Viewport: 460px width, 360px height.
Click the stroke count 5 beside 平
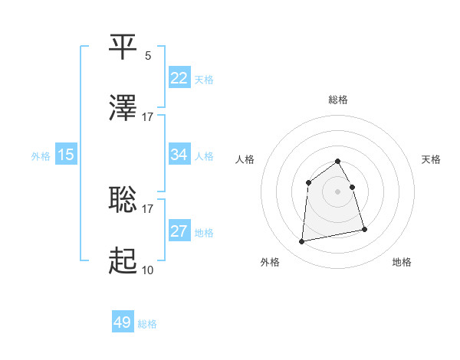click(x=148, y=55)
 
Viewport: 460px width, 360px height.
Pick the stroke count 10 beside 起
click(x=147, y=270)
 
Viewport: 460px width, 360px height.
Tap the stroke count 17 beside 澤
click(x=147, y=116)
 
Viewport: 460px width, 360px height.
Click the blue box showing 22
click(x=179, y=78)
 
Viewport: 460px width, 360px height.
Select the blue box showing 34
click(x=179, y=155)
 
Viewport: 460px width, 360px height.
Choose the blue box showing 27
click(x=179, y=231)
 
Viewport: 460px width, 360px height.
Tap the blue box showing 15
click(x=66, y=155)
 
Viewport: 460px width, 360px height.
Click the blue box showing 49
click(x=123, y=323)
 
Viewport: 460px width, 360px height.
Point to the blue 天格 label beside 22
click(x=204, y=79)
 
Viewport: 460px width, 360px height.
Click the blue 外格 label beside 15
click(x=41, y=155)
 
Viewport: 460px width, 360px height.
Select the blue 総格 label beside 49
click(x=147, y=324)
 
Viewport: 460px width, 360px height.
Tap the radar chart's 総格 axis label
click(x=338, y=100)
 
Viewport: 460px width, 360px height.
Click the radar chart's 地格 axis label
click(x=402, y=262)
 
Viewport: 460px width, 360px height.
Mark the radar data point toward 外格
click(x=302, y=242)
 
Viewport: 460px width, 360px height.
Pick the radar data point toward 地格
click(x=364, y=229)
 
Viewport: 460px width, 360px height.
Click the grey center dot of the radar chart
click(x=338, y=191)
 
